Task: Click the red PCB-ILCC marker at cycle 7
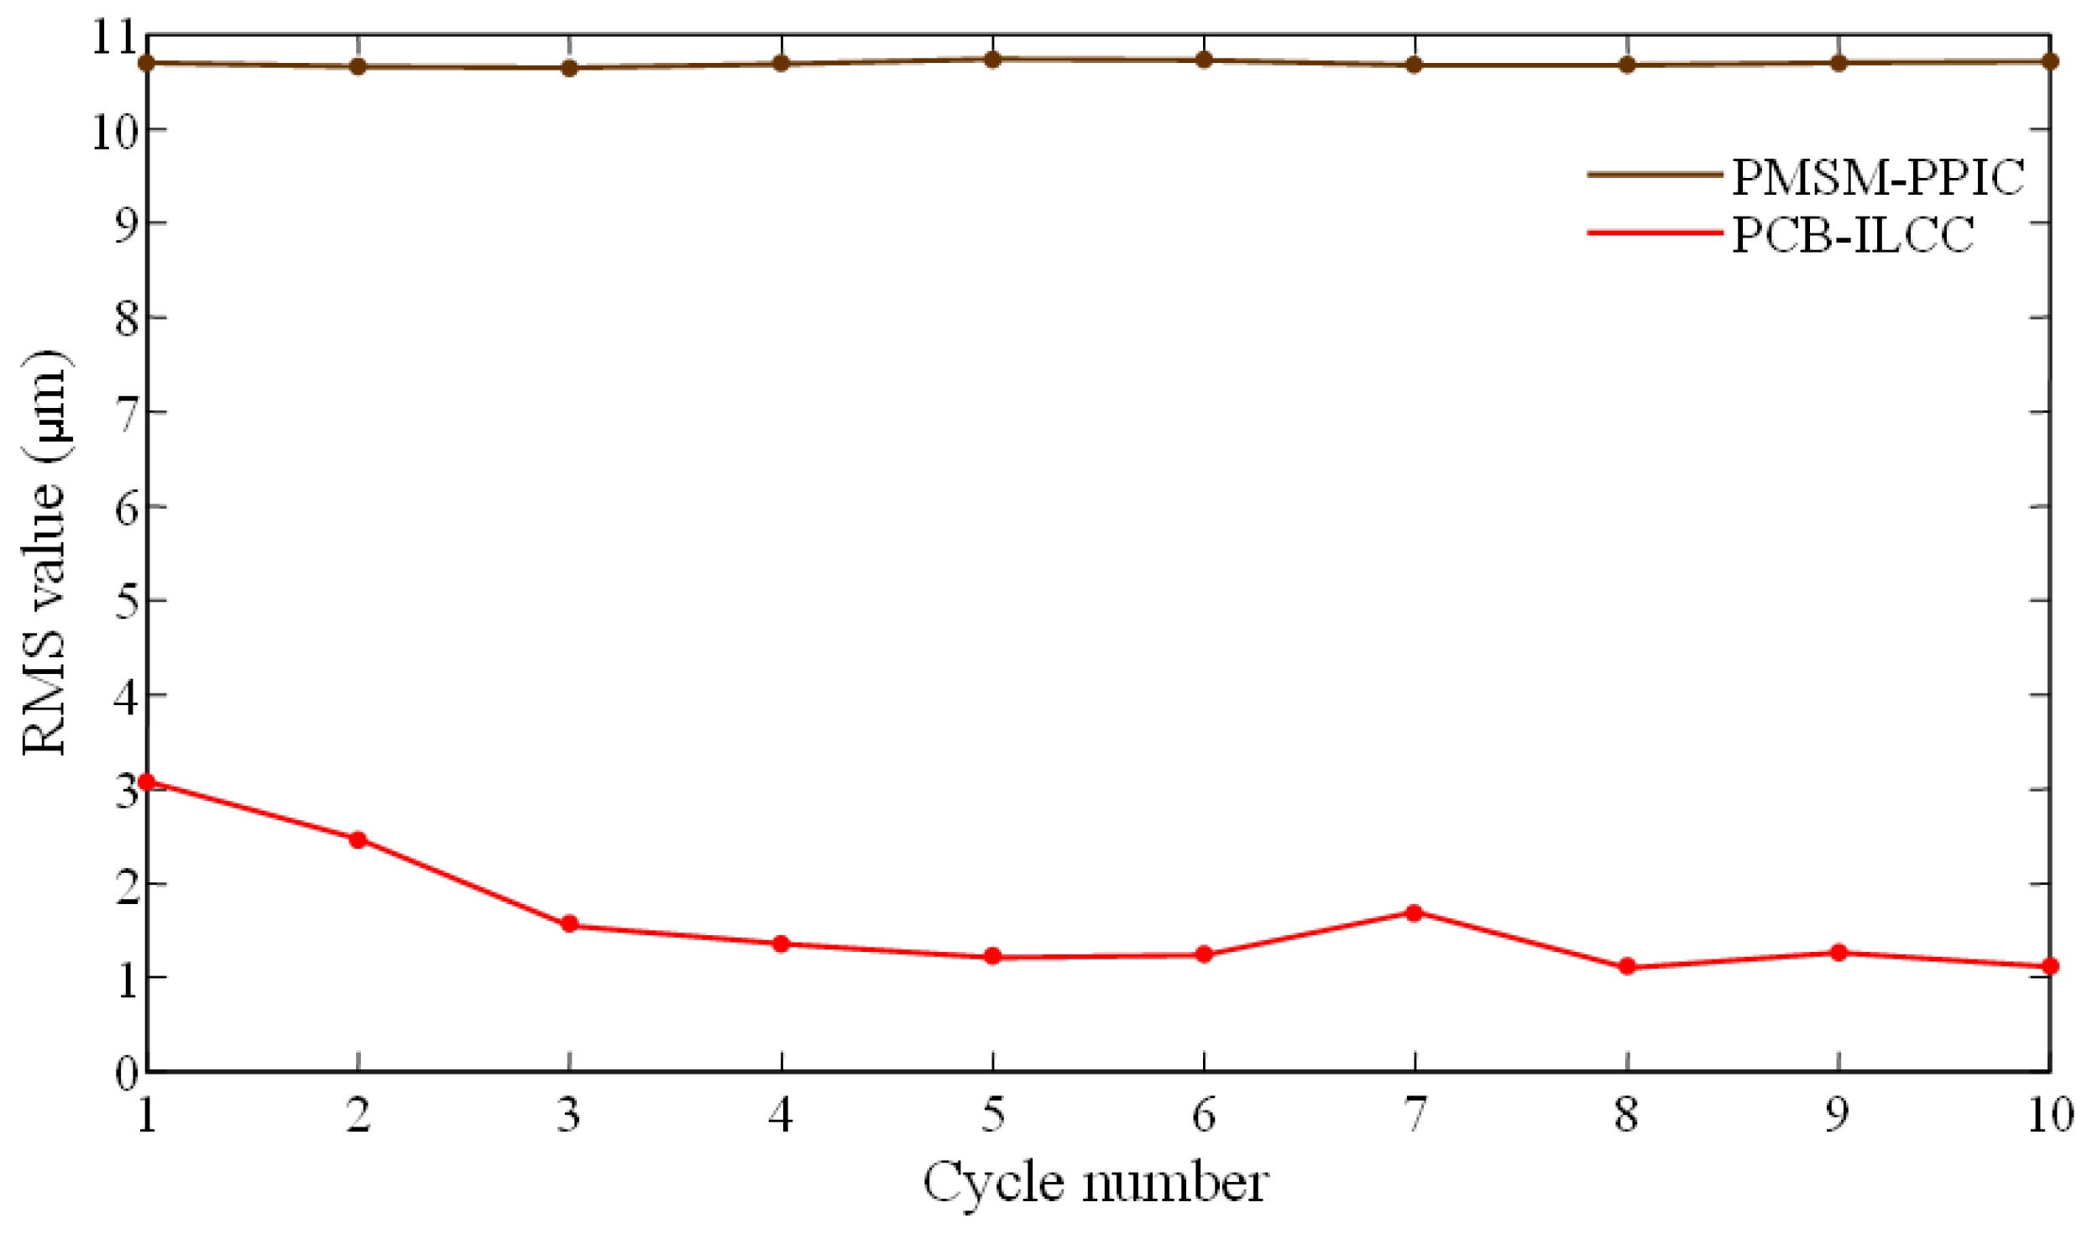coord(1415,913)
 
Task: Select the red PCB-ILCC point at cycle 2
coord(358,840)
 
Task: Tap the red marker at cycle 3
coord(569,925)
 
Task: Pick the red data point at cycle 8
coord(1627,967)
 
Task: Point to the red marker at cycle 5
coord(992,956)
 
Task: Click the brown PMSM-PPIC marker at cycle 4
coord(781,63)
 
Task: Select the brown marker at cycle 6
coord(1204,60)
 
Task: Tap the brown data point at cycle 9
coord(1839,63)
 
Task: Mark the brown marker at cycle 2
coord(358,66)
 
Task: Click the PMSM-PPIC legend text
coord(1879,178)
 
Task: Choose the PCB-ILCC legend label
coord(1854,235)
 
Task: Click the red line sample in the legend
coord(1654,233)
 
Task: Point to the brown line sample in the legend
coord(1654,175)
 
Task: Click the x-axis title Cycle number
coord(1096,1184)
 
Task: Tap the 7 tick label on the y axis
coord(126,413)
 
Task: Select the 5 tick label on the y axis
coord(126,602)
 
